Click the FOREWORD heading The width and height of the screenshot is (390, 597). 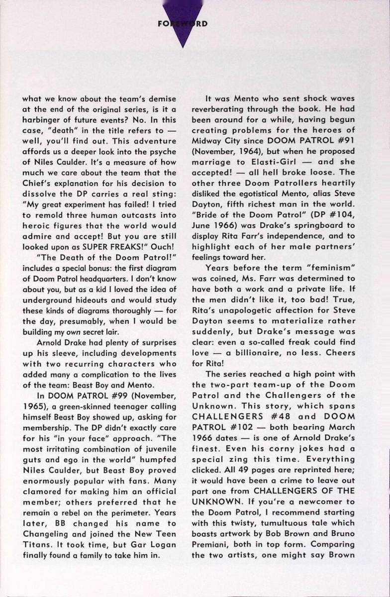[183, 23]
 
